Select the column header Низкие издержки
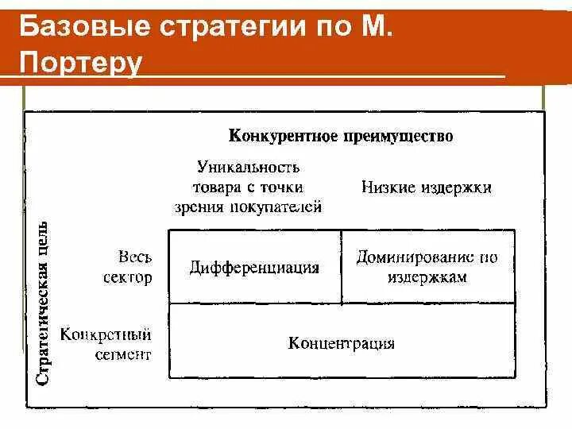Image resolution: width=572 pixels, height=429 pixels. point(427,187)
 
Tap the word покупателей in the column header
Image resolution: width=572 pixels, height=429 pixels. point(283,207)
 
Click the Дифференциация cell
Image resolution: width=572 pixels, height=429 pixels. point(254,268)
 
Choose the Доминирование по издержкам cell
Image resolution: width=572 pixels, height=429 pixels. point(427,267)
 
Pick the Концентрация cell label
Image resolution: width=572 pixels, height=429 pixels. point(342,343)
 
